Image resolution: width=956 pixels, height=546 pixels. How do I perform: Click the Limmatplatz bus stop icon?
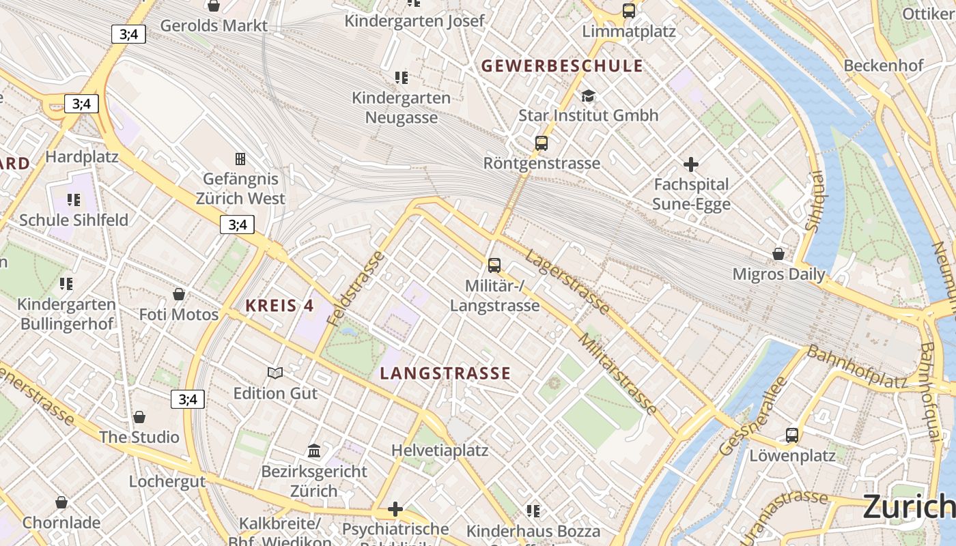pos(629,11)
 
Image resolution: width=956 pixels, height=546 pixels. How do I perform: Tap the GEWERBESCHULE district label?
pos(562,66)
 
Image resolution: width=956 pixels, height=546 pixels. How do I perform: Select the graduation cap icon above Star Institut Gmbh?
pos(588,96)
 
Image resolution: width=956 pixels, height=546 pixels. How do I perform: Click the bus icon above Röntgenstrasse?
pos(542,143)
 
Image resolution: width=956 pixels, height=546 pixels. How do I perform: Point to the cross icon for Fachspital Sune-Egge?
pos(691,164)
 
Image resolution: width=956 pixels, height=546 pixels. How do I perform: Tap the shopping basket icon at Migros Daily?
pos(778,254)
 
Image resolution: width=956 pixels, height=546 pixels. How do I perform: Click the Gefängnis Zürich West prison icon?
pos(240,159)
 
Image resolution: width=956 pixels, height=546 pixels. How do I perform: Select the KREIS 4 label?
pos(280,306)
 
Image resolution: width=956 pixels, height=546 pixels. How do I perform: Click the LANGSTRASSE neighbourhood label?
pos(445,373)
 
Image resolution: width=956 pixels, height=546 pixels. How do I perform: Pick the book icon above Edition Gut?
pos(275,373)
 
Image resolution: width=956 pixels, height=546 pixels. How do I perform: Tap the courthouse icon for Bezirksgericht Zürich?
pos(314,451)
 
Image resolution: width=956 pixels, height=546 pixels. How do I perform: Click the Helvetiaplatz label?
pos(440,450)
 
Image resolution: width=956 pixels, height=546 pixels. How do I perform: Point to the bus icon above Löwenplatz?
pos(792,435)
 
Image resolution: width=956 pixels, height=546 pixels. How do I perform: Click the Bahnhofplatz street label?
pos(857,367)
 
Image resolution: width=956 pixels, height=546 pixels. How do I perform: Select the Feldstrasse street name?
pos(356,288)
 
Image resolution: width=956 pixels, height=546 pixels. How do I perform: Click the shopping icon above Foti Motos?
pos(179,294)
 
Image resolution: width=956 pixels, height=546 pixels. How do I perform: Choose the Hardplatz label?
pos(82,157)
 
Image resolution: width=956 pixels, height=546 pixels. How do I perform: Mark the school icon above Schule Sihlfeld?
pos(74,200)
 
